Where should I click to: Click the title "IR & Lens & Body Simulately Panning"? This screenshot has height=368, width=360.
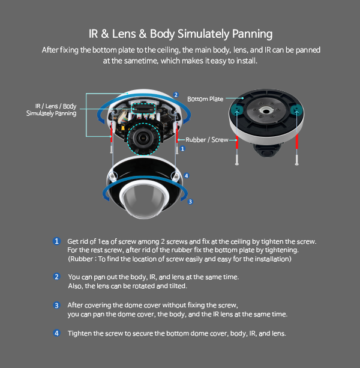coord(181,34)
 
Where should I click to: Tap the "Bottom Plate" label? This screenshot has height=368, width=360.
coord(205,99)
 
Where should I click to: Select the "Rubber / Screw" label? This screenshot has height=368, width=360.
coord(206,140)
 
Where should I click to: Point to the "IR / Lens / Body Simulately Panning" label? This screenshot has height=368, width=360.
coord(52,110)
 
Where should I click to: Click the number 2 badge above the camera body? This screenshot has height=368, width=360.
coord(176,95)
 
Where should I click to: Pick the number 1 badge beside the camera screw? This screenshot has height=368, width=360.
coord(182,148)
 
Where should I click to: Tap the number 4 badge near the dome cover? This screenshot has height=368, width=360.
coord(186,175)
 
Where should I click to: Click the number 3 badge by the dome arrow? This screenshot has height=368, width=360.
coord(190,202)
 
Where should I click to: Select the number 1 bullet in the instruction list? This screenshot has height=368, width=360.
coord(56,241)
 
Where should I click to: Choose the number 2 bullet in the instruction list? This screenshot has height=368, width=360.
coord(56,277)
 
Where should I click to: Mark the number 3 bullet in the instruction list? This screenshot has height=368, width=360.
coord(56,306)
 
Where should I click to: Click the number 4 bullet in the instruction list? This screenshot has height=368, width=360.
coord(56,333)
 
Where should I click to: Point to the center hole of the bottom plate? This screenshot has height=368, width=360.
coord(266,110)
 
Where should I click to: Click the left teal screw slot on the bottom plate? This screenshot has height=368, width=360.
coord(236,109)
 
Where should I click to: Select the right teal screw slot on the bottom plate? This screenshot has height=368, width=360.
coord(296,109)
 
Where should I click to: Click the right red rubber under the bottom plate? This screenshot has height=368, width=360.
coord(297,142)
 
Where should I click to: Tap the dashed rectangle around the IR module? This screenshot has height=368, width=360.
coord(143,109)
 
